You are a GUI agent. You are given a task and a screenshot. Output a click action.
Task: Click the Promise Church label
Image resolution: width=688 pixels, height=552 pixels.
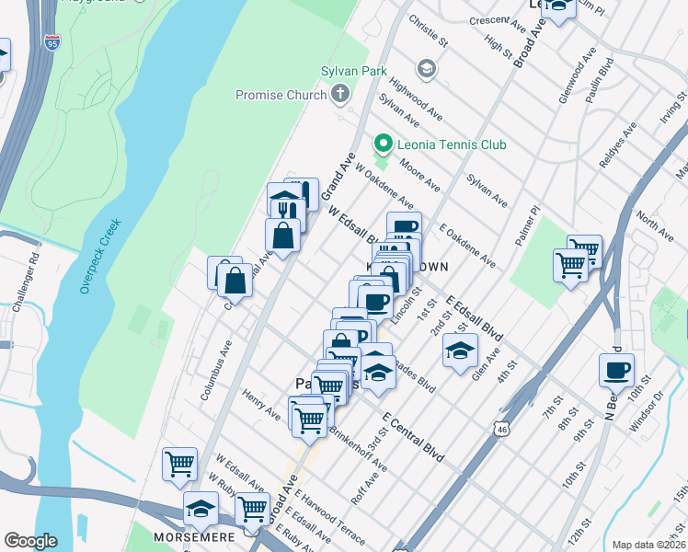point(281,94)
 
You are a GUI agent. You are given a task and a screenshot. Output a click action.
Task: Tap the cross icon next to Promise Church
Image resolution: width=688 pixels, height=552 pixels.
point(340,93)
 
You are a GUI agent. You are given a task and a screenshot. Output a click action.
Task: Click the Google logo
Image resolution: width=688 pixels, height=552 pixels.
point(30,541)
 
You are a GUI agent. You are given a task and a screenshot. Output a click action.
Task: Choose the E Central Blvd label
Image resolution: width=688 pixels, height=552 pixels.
point(409,440)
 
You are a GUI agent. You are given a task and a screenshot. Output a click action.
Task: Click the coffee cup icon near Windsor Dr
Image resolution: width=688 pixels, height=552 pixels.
point(615,370)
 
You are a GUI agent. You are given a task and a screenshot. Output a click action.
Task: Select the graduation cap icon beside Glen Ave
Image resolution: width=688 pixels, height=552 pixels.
point(460,350)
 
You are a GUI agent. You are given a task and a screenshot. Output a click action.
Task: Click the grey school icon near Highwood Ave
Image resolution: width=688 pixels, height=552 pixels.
point(426,68)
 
